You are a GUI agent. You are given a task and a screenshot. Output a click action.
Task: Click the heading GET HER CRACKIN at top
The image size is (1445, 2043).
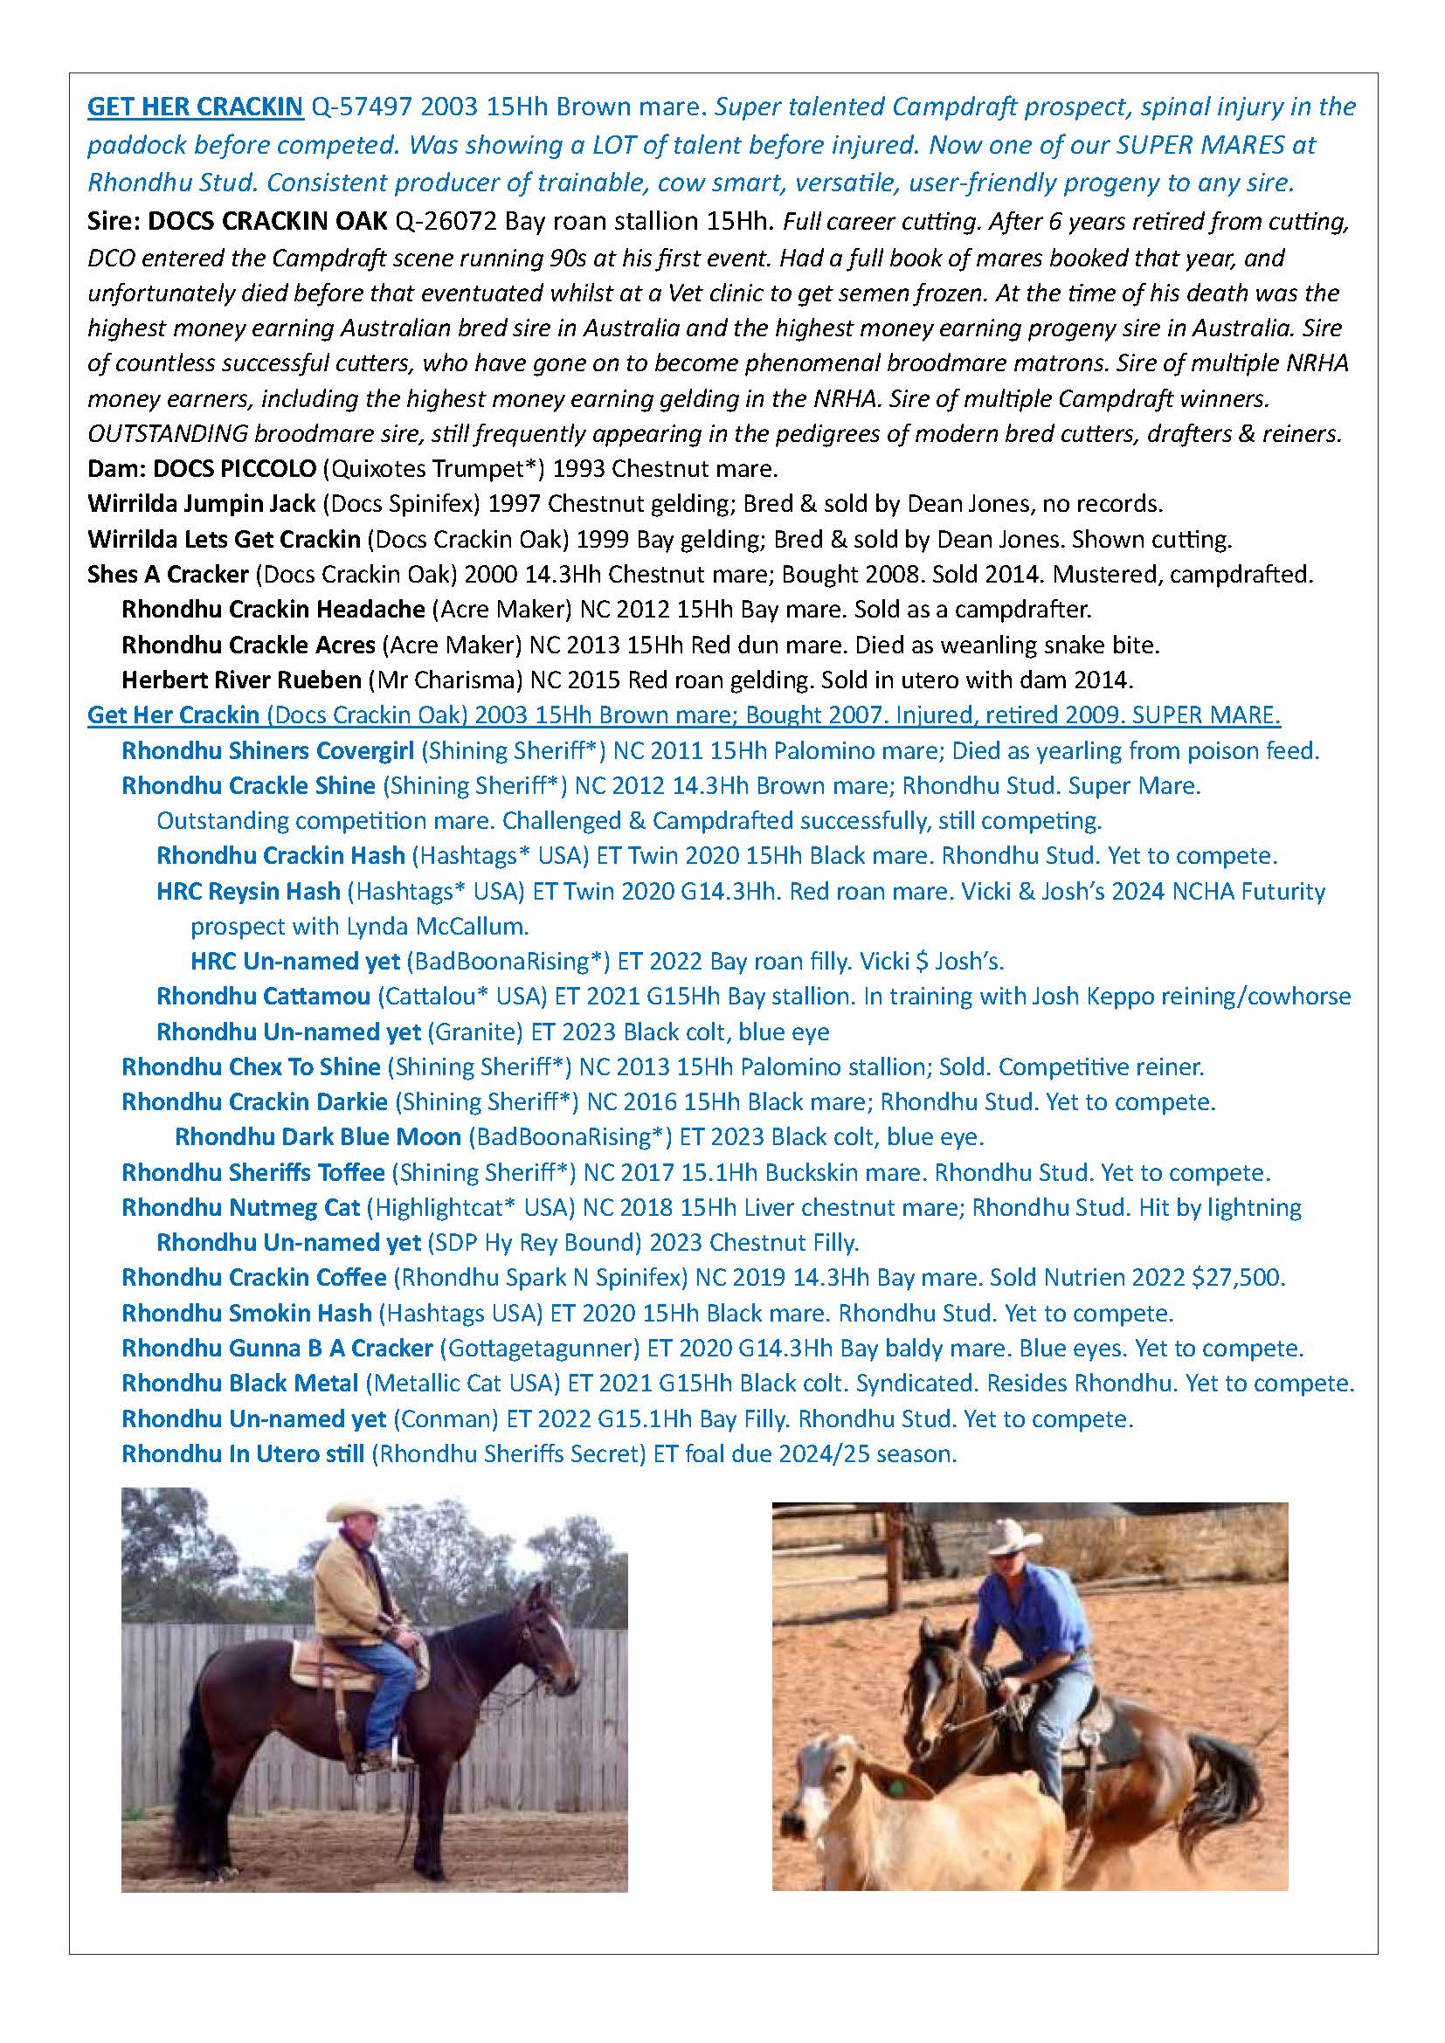pyautogui.click(x=195, y=107)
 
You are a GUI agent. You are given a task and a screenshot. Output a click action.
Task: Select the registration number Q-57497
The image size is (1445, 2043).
pyautogui.click(x=359, y=107)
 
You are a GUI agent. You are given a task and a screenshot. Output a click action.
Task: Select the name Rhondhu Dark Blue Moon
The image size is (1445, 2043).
pyautogui.click(x=318, y=1137)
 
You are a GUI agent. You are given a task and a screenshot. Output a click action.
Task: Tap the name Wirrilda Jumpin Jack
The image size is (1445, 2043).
pyautogui.click(x=202, y=504)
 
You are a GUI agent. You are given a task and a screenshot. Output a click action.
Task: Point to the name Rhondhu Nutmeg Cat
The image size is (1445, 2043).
pyautogui.click(x=241, y=1207)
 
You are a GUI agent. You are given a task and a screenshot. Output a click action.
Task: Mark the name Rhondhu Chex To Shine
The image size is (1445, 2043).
pyautogui.click(x=251, y=1066)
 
